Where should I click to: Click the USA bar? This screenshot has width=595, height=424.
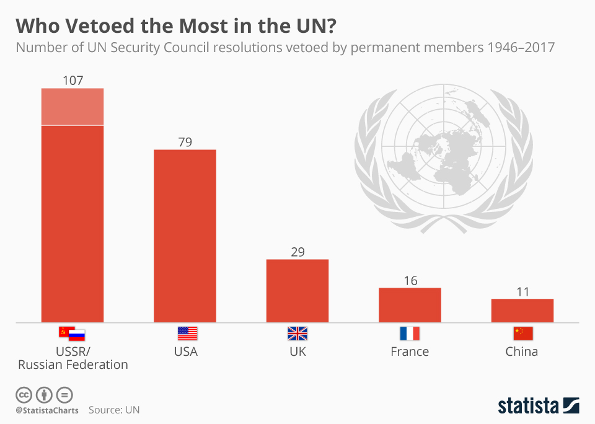(185, 236)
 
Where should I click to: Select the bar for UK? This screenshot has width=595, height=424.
(297, 290)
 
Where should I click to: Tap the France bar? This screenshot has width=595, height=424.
(410, 305)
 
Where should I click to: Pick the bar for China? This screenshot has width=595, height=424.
(522, 311)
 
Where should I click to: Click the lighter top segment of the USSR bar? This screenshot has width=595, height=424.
(73, 107)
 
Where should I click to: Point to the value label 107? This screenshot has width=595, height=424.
(73, 81)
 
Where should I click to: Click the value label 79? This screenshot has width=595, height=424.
(185, 142)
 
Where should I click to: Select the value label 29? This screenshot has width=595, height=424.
(297, 252)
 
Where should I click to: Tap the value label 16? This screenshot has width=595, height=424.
(410, 280)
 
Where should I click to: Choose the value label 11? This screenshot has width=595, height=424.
(522, 291)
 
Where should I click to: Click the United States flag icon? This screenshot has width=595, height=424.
(187, 333)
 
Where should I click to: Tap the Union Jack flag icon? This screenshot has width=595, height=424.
(297, 333)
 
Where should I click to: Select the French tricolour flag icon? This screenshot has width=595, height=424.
(410, 333)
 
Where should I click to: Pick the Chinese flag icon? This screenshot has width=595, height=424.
(522, 333)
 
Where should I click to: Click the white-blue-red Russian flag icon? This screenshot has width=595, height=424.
(77, 335)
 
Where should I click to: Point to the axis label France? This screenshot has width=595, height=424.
(410, 352)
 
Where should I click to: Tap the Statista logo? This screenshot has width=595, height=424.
(538, 406)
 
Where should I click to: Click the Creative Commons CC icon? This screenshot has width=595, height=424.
(24, 394)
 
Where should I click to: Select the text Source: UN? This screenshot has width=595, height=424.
(114, 410)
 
